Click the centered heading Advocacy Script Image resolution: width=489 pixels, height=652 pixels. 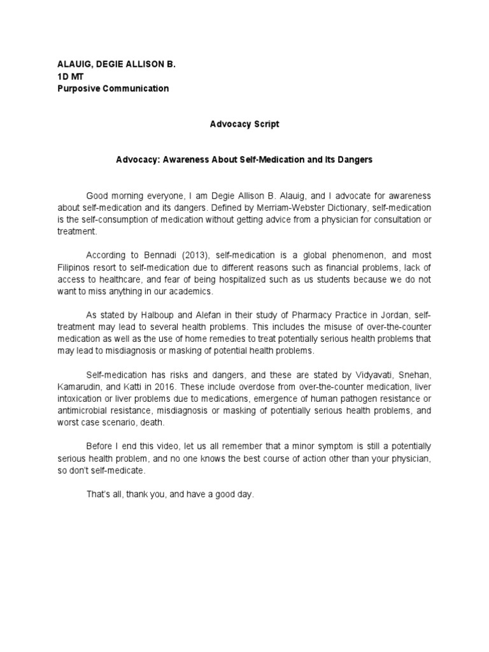(244, 124)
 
